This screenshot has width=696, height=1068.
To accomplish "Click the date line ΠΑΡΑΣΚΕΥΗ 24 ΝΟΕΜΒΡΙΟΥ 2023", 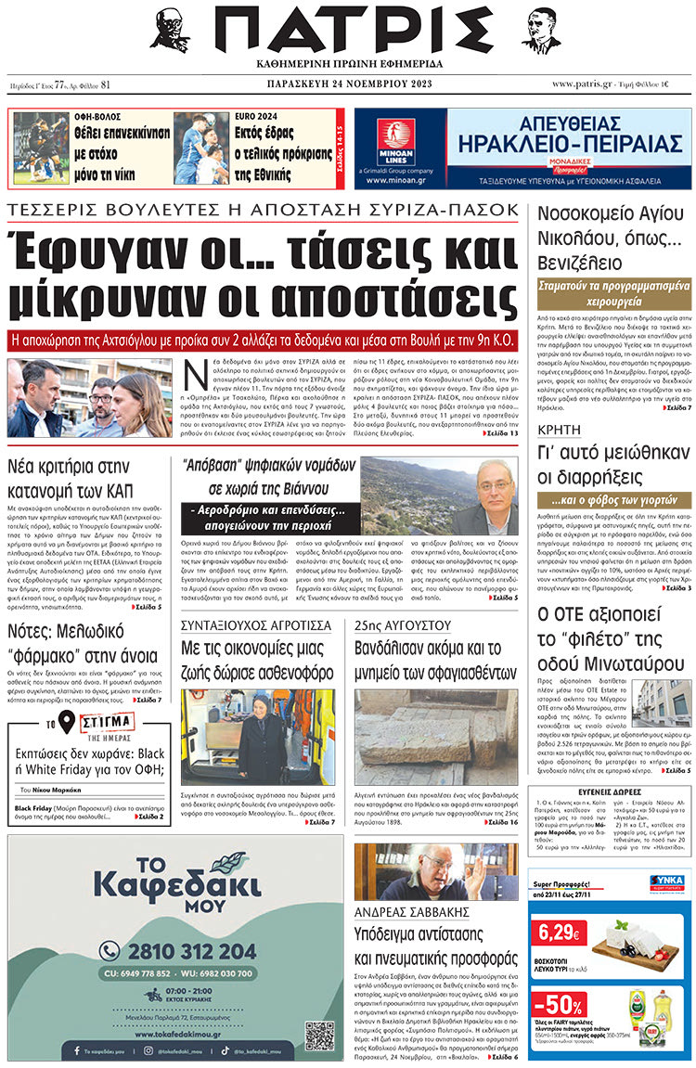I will [x=347, y=84].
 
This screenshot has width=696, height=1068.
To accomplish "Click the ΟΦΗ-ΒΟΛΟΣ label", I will [x=98, y=118].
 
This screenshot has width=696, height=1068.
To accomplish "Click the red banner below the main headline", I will [x=262, y=338].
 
